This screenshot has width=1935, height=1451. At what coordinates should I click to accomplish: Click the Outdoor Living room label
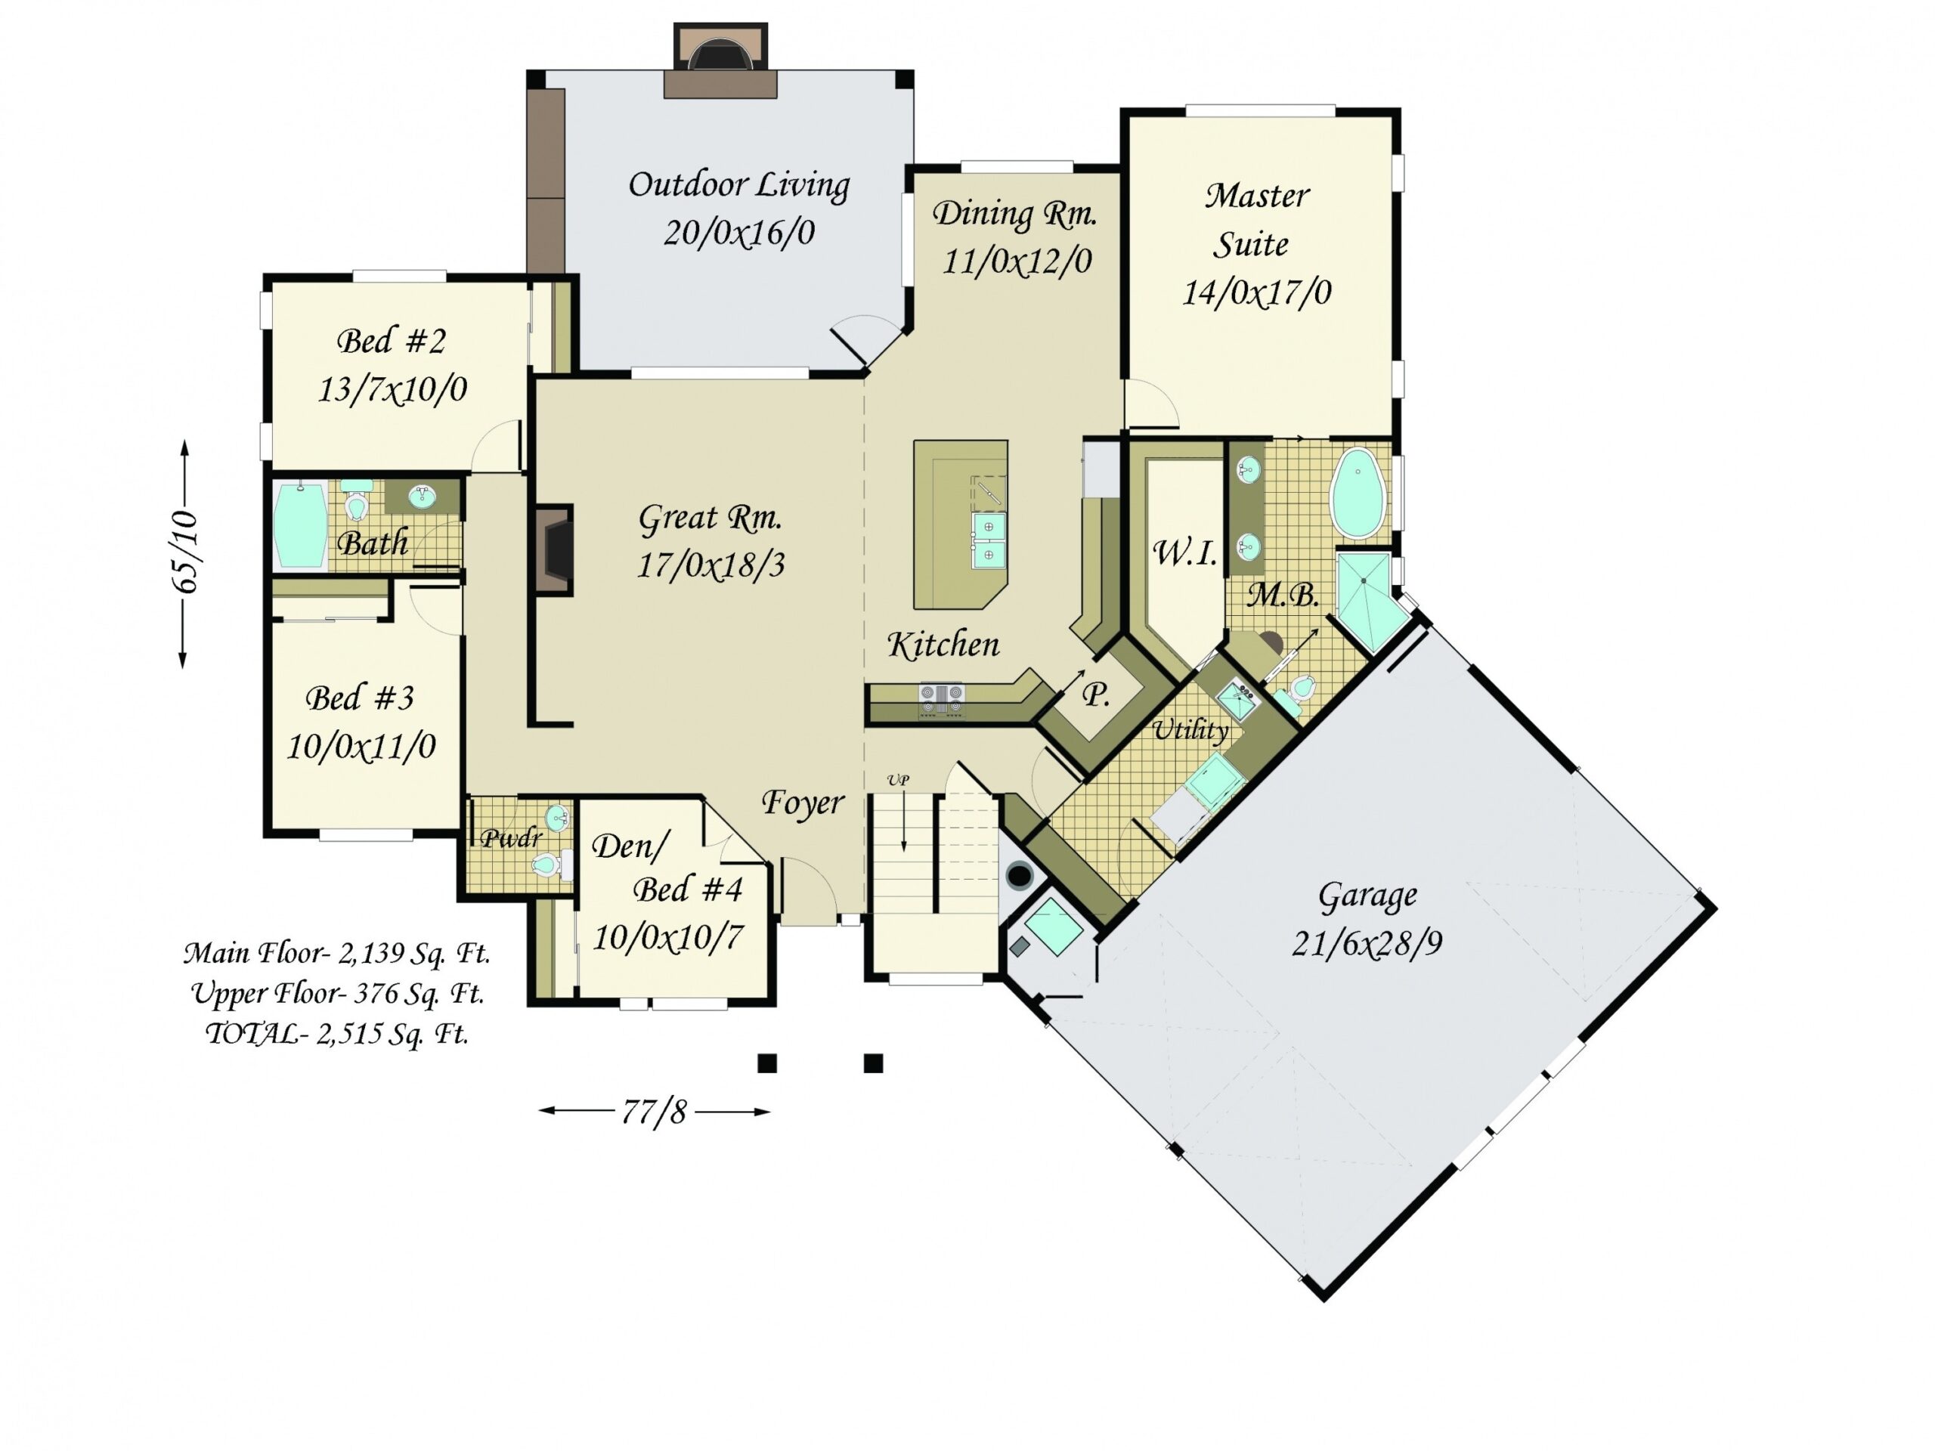[x=739, y=185]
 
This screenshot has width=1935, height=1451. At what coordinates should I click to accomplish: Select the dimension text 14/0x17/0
[x=1257, y=292]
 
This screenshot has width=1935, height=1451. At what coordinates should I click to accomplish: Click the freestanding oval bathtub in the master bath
[x=1358, y=493]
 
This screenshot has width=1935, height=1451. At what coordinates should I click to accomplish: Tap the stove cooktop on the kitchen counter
[x=941, y=695]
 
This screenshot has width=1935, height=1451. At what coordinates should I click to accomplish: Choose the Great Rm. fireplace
[x=554, y=551]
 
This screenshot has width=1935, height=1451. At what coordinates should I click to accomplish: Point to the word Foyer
[x=802, y=803]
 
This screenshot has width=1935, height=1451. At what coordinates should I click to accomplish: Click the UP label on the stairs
[x=897, y=779]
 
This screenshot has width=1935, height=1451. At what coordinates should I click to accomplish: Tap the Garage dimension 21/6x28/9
[x=1367, y=943]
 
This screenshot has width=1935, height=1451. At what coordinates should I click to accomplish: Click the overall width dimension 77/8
[x=655, y=1111]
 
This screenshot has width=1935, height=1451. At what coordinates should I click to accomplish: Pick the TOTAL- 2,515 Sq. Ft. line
[x=337, y=1034]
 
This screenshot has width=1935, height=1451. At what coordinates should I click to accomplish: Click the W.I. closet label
[x=1185, y=552]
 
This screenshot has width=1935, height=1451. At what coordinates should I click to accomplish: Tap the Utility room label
[x=1190, y=729]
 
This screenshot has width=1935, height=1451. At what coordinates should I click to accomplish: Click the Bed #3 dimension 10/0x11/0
[x=361, y=746]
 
